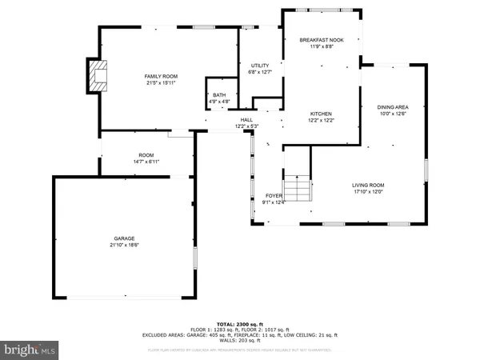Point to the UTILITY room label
point(258,66)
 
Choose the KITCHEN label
point(321,114)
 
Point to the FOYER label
point(274,195)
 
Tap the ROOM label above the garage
point(146,156)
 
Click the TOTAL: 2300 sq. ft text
point(240,322)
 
